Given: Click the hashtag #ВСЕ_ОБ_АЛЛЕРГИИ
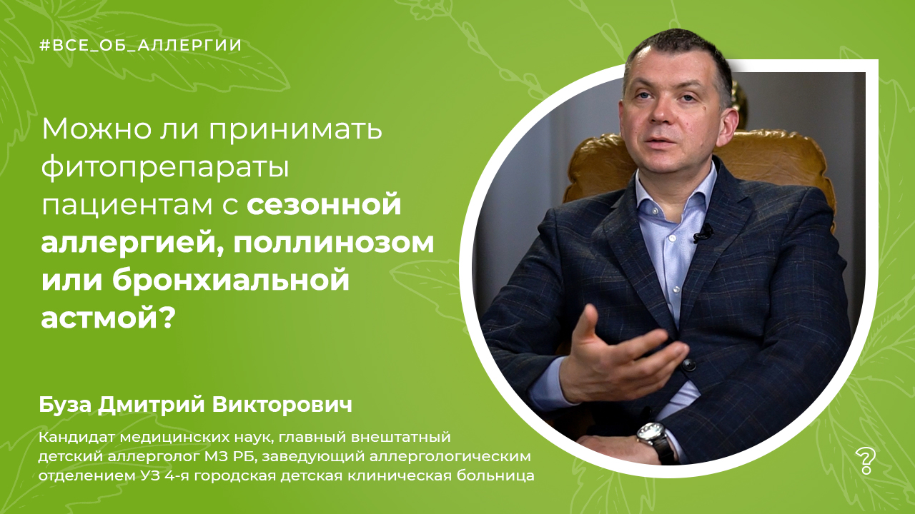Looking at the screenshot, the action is pyautogui.click(x=141, y=45).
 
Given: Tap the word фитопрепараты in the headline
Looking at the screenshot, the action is pyautogui.click(x=165, y=168).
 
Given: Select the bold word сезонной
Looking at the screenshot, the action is pyautogui.click(x=324, y=204).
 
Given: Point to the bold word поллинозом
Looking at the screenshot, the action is pyautogui.click(x=333, y=243).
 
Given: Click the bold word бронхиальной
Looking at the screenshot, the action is pyautogui.click(x=231, y=280).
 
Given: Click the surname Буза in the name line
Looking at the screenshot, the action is pyautogui.click(x=64, y=406).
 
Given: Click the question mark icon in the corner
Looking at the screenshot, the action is pyautogui.click(x=866, y=461).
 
